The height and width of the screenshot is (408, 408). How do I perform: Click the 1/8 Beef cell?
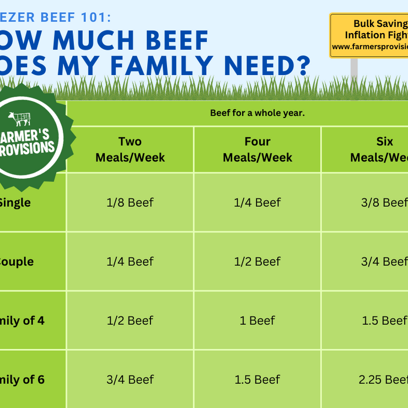[130, 202]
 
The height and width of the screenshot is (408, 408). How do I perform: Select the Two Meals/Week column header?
[130, 149]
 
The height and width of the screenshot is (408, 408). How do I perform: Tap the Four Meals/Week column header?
[257, 149]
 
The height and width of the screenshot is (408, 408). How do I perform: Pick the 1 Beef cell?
[257, 320]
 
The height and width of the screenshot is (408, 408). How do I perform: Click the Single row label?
[15, 202]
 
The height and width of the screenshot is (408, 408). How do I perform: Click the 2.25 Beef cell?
[384, 379]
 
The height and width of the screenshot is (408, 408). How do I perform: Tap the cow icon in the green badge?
[19, 118]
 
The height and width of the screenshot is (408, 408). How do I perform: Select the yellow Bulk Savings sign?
[369, 35]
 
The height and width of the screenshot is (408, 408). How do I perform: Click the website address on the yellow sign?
[370, 47]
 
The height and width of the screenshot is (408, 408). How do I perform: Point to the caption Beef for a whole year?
[257, 113]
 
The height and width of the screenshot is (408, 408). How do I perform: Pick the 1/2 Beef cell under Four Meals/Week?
[257, 261]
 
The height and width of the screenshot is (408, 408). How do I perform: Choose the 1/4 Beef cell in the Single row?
[257, 202]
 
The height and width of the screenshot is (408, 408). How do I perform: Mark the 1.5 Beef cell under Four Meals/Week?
[257, 379]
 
